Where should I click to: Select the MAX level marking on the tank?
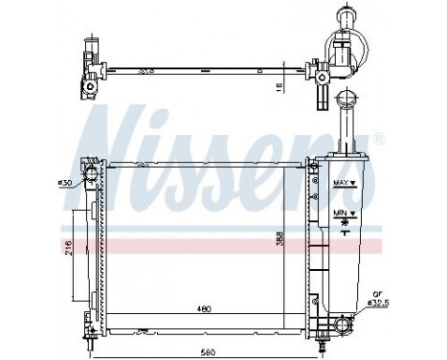click(x=341, y=181)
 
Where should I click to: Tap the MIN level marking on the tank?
click(x=341, y=212)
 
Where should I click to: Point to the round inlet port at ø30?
click(x=90, y=174)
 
